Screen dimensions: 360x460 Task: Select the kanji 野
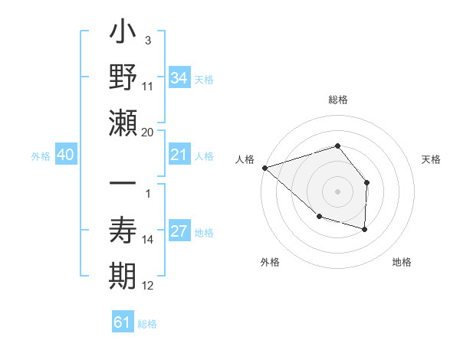[124, 77]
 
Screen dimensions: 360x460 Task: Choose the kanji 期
[124, 275]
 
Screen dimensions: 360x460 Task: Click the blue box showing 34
[179, 77]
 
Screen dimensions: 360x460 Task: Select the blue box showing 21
[179, 155]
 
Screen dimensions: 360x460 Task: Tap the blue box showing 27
[179, 232]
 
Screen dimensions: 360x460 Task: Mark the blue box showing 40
[65, 155]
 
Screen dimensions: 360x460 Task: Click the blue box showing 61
[122, 322]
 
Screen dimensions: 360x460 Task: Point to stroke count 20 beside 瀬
[148, 132]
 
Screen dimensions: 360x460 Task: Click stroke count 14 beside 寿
[148, 240]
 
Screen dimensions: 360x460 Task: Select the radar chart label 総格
[337, 100]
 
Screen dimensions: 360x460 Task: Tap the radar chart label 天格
[432, 159]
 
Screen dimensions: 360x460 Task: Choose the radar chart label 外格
[270, 262]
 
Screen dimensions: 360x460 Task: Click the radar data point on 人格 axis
[264, 167]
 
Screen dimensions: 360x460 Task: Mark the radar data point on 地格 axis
[365, 229]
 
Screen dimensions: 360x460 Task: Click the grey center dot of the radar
[337, 191]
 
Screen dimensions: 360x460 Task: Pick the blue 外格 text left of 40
[41, 156]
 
